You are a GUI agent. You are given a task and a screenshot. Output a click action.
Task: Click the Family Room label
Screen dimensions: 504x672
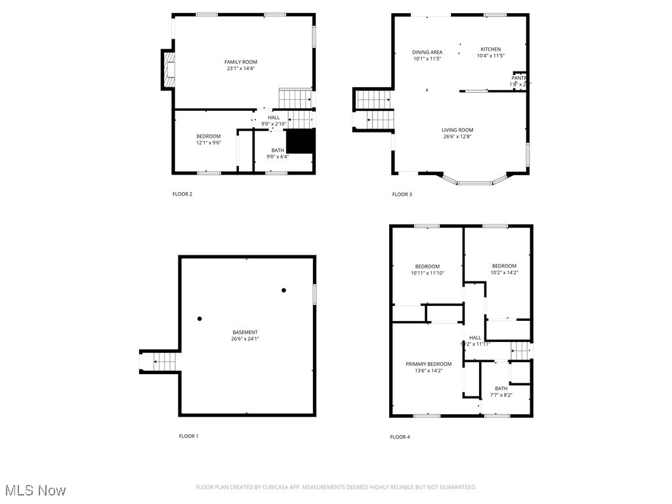pyautogui.click(x=240, y=62)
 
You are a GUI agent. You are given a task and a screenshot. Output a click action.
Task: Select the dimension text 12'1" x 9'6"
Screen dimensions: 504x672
pyautogui.click(x=208, y=142)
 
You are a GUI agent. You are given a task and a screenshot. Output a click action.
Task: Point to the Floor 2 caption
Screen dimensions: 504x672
pyautogui.click(x=182, y=194)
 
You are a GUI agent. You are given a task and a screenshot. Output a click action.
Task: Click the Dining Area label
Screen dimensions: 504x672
pyautogui.click(x=427, y=52)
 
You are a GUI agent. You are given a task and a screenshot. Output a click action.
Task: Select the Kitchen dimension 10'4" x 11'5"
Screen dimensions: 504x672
pyautogui.click(x=490, y=56)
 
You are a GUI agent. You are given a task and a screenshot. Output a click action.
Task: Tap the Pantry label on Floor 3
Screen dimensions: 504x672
pyautogui.click(x=519, y=77)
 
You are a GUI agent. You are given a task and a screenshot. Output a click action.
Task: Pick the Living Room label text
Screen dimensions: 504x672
pyautogui.click(x=457, y=130)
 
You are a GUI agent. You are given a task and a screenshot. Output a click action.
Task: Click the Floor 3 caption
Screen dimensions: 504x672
pyautogui.click(x=402, y=194)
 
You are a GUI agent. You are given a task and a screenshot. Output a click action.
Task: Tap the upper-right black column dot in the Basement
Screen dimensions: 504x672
pyautogui.click(x=283, y=290)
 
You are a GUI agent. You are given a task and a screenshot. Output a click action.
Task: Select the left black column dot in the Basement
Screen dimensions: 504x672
pyautogui.click(x=199, y=319)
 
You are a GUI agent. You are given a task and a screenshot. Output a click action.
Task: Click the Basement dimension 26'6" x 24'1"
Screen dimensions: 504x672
pyautogui.click(x=245, y=339)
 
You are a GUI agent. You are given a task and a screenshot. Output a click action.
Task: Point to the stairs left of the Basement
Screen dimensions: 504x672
pyautogui.click(x=161, y=361)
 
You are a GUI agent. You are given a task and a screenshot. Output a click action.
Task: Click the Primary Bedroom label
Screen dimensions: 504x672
pyautogui.click(x=428, y=364)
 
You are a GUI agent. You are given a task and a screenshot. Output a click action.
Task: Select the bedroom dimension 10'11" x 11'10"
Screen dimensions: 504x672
pyautogui.click(x=427, y=273)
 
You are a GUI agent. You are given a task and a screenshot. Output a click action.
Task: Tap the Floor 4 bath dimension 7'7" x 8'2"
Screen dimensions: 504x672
pyautogui.click(x=501, y=395)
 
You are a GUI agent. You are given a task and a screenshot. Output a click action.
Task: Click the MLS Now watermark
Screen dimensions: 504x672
pyautogui.click(x=34, y=490)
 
